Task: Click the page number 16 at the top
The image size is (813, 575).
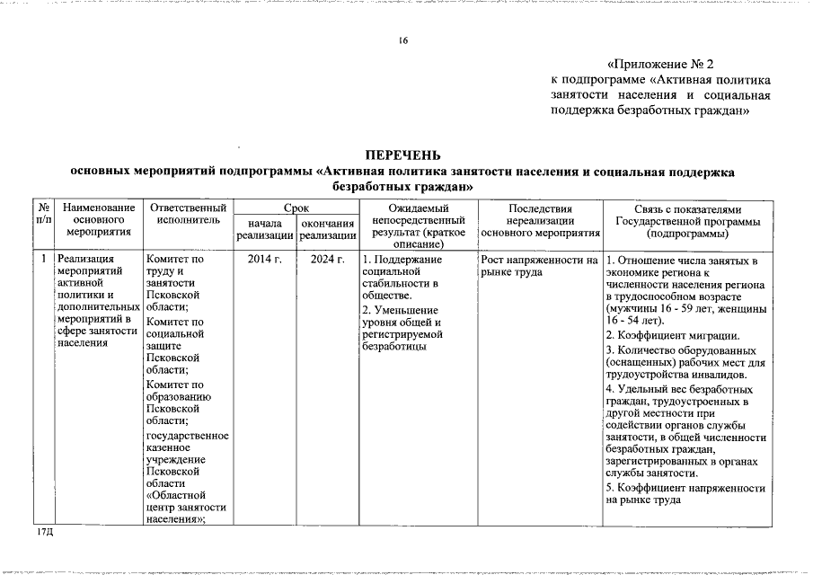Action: pos(403,40)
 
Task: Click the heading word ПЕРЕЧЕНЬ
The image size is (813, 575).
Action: pos(402,155)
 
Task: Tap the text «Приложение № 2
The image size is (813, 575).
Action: pos(660,65)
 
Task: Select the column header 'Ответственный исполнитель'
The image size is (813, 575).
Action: pos(188,214)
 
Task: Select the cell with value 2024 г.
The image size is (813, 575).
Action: pos(327,260)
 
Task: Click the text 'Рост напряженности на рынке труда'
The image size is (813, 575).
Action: pos(539,266)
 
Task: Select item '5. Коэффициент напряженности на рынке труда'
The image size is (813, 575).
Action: pos(686,494)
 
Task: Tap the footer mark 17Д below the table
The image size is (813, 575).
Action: pos(45,534)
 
